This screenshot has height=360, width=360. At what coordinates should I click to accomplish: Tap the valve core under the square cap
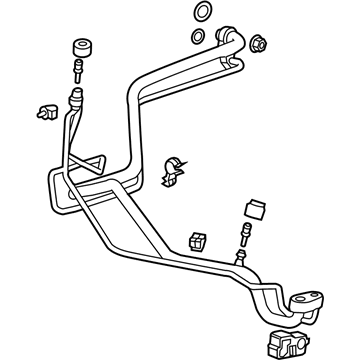(243, 232)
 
